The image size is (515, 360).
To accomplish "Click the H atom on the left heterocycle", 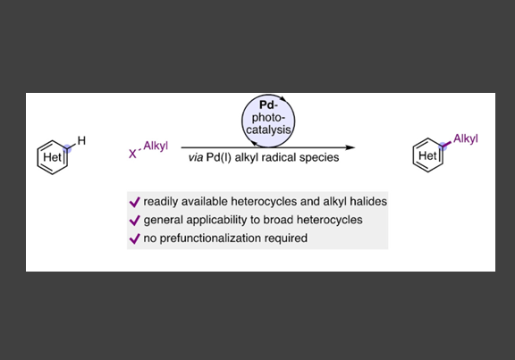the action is click(81, 141).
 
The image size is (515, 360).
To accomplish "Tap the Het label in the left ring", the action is click(52, 157).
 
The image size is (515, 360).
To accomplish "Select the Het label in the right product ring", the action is click(427, 155).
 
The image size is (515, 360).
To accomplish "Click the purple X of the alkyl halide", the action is click(132, 154).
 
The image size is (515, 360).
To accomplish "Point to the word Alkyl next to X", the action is click(156, 146).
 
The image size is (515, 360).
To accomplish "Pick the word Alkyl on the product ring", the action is click(466, 138).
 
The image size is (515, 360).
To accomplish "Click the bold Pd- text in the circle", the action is click(268, 105).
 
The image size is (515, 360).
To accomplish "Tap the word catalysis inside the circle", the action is click(268, 130).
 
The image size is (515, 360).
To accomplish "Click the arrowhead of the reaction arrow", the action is click(350, 147).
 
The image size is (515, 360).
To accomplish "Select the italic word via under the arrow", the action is click(196, 157).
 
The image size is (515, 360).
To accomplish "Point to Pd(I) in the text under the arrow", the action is click(219, 157).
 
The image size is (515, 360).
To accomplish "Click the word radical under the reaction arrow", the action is click(274, 157).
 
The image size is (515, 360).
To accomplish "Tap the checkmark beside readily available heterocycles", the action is click(135, 202).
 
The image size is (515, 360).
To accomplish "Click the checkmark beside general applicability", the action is click(135, 221).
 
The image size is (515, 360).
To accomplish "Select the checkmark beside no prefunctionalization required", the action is click(135, 239).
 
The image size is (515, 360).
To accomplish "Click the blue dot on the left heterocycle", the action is click(67, 148).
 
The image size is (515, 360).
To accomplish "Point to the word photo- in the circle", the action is click(268, 118).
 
